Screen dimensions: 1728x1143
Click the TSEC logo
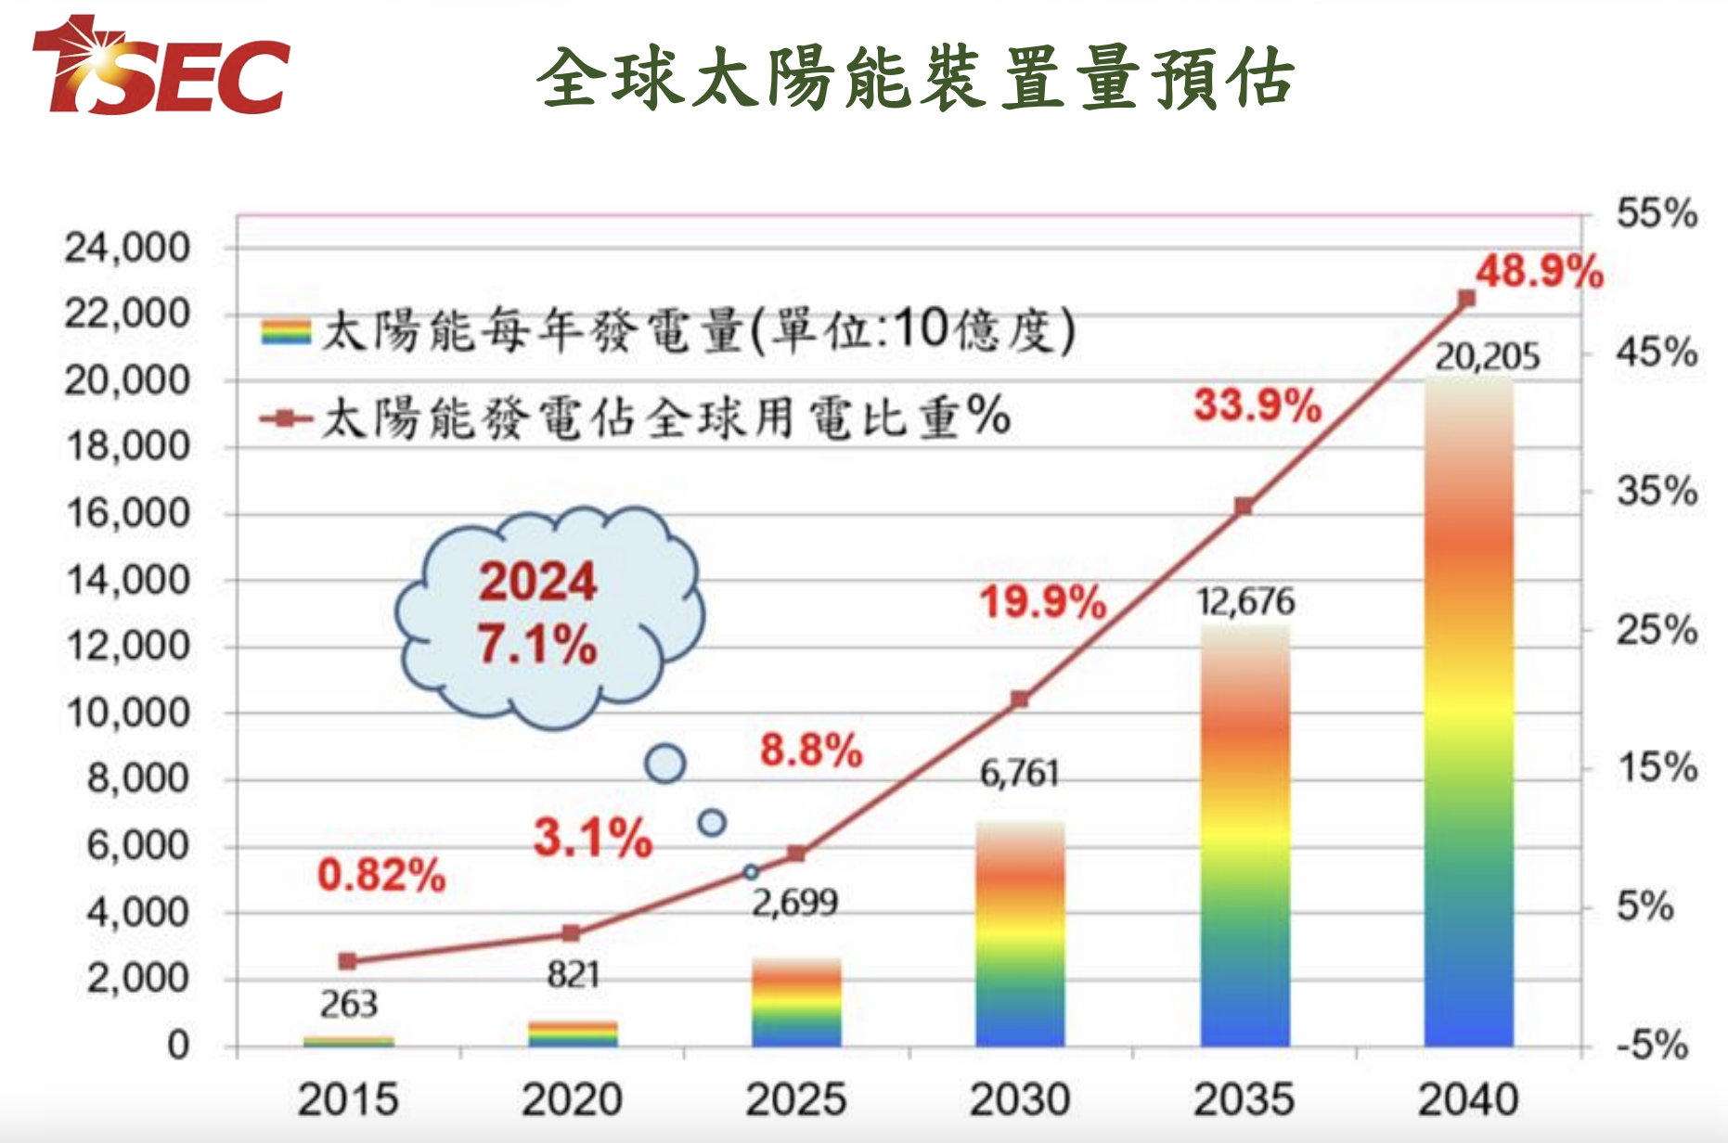(161, 65)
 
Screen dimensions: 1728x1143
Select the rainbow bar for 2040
(1468, 713)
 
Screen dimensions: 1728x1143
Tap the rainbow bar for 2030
(1020, 934)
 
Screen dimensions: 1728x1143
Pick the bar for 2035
(1244, 836)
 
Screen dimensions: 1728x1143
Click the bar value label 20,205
(1487, 356)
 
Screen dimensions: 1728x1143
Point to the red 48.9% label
(1540, 272)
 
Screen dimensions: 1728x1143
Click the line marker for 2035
(1244, 506)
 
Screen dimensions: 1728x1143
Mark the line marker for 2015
(347, 961)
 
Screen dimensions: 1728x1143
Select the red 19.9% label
(1043, 602)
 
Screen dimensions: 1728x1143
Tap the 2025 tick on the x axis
(796, 1099)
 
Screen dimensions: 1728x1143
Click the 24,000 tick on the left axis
(127, 248)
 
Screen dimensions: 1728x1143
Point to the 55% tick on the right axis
(1657, 213)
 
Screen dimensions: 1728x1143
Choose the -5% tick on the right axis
(1652, 1045)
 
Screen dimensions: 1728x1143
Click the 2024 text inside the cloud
(537, 582)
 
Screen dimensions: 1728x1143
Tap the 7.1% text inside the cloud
(537, 644)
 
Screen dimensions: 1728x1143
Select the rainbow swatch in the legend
(286, 331)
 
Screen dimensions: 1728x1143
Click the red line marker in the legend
(286, 418)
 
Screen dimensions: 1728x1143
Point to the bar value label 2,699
(795, 903)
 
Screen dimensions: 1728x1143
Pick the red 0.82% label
(381, 875)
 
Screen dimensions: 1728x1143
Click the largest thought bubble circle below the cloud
(665, 764)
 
